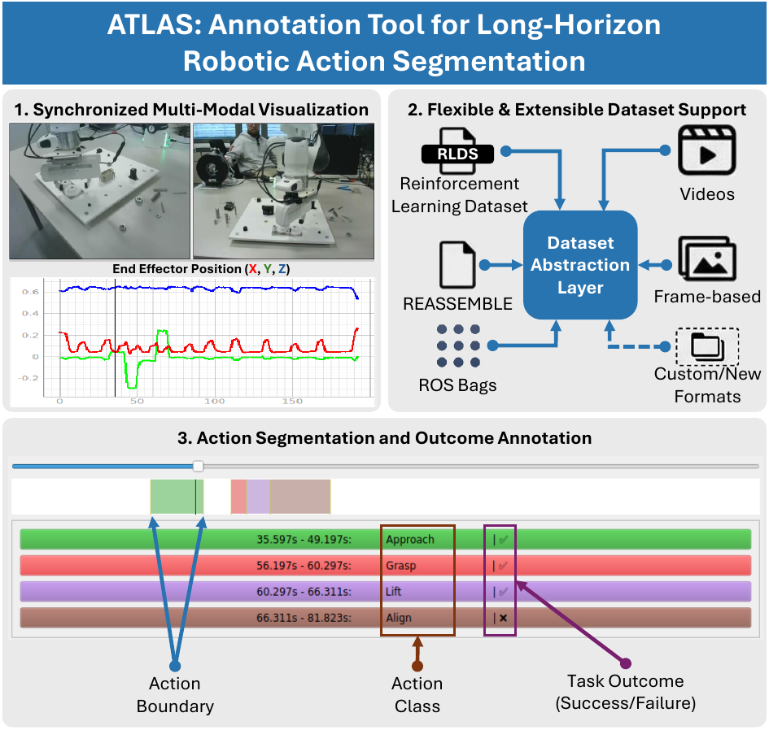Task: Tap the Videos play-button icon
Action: click(x=706, y=152)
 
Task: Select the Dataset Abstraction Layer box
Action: click(x=580, y=265)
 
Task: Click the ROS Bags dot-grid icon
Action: click(x=461, y=347)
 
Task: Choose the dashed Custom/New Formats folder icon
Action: click(x=707, y=346)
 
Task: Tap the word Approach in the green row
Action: click(x=410, y=540)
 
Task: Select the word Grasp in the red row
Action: click(x=401, y=566)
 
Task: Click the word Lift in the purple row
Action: click(x=395, y=592)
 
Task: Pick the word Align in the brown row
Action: click(x=399, y=618)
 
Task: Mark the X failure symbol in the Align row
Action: click(x=503, y=618)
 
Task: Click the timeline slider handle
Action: click(x=198, y=466)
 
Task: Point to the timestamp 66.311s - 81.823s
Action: click(x=304, y=618)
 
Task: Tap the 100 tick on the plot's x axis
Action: click(x=214, y=402)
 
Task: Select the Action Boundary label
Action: click(x=175, y=694)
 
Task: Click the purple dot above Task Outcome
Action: click(x=625, y=663)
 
